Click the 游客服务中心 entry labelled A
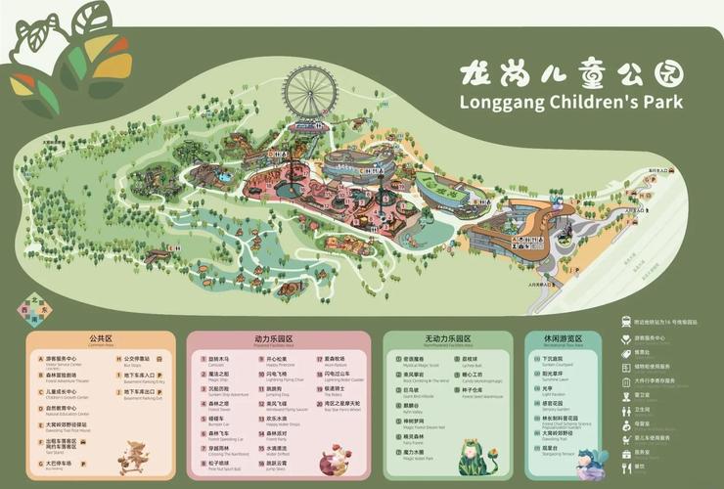click(60, 359)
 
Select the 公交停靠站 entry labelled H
click(136, 359)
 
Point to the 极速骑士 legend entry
click(336, 388)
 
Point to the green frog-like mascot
click(474, 456)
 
